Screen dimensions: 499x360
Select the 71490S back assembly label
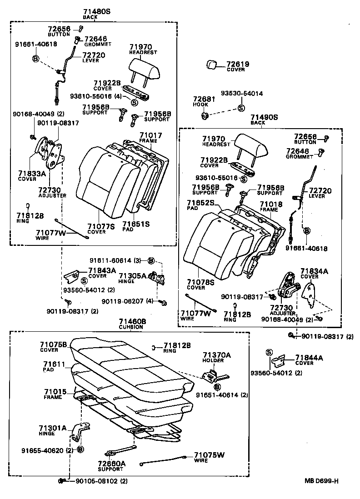[x=264, y=117]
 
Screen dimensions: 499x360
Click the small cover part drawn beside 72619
[x=212, y=65]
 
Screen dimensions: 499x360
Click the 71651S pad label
[x=136, y=225]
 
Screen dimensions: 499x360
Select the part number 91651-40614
[x=216, y=395]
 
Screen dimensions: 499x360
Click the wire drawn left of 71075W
[x=164, y=460]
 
